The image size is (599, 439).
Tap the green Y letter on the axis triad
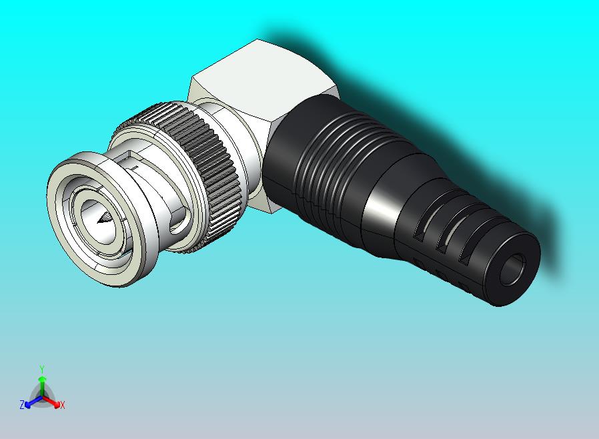point(41,368)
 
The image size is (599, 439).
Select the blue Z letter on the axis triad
point(22,404)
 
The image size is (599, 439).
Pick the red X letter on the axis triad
point(62,405)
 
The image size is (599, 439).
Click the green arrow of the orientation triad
point(41,383)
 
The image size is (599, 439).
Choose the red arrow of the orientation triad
point(53,401)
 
